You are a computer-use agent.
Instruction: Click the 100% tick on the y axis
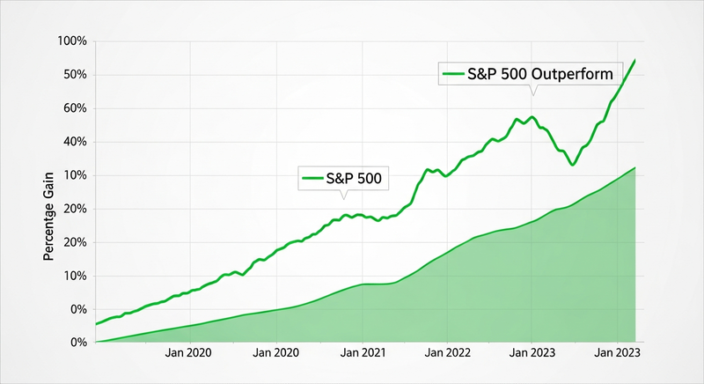pos(70,41)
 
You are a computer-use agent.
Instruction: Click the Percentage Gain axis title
pos(49,218)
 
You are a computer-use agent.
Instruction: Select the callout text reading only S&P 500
pos(359,178)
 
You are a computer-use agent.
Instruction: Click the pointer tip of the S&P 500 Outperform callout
pos(532,96)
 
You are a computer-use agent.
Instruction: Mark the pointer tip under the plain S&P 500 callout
pos(344,200)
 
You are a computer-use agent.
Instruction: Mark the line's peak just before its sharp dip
pos(532,116)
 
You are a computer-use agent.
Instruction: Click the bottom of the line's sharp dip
pos(572,166)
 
